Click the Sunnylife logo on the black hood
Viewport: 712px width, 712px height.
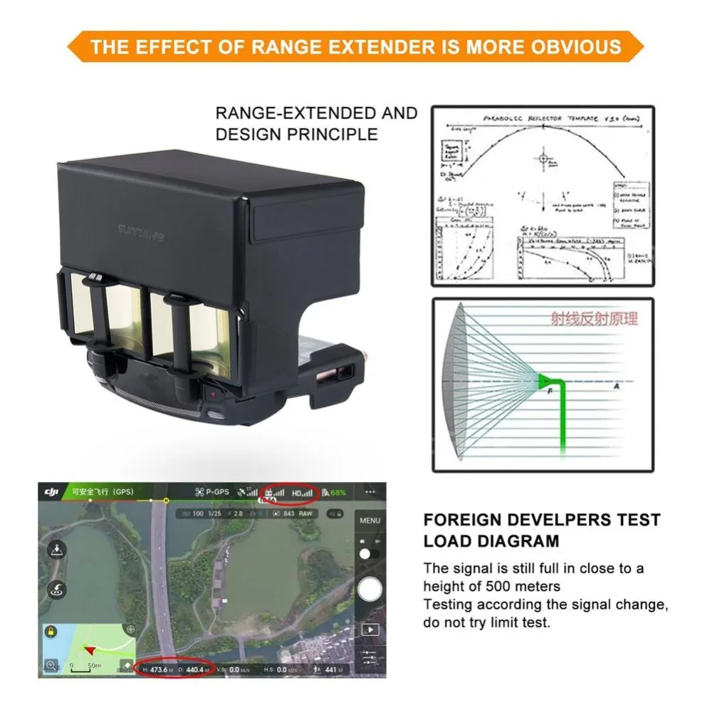tap(140, 233)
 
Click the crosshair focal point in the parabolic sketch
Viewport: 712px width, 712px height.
tap(543, 158)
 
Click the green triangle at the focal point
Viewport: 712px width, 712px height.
tap(544, 381)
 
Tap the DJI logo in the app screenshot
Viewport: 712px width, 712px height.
tap(51, 492)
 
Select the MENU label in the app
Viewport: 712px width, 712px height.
tap(370, 520)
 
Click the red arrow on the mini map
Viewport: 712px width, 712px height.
tap(90, 649)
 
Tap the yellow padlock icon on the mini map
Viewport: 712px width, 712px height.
tap(51, 632)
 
